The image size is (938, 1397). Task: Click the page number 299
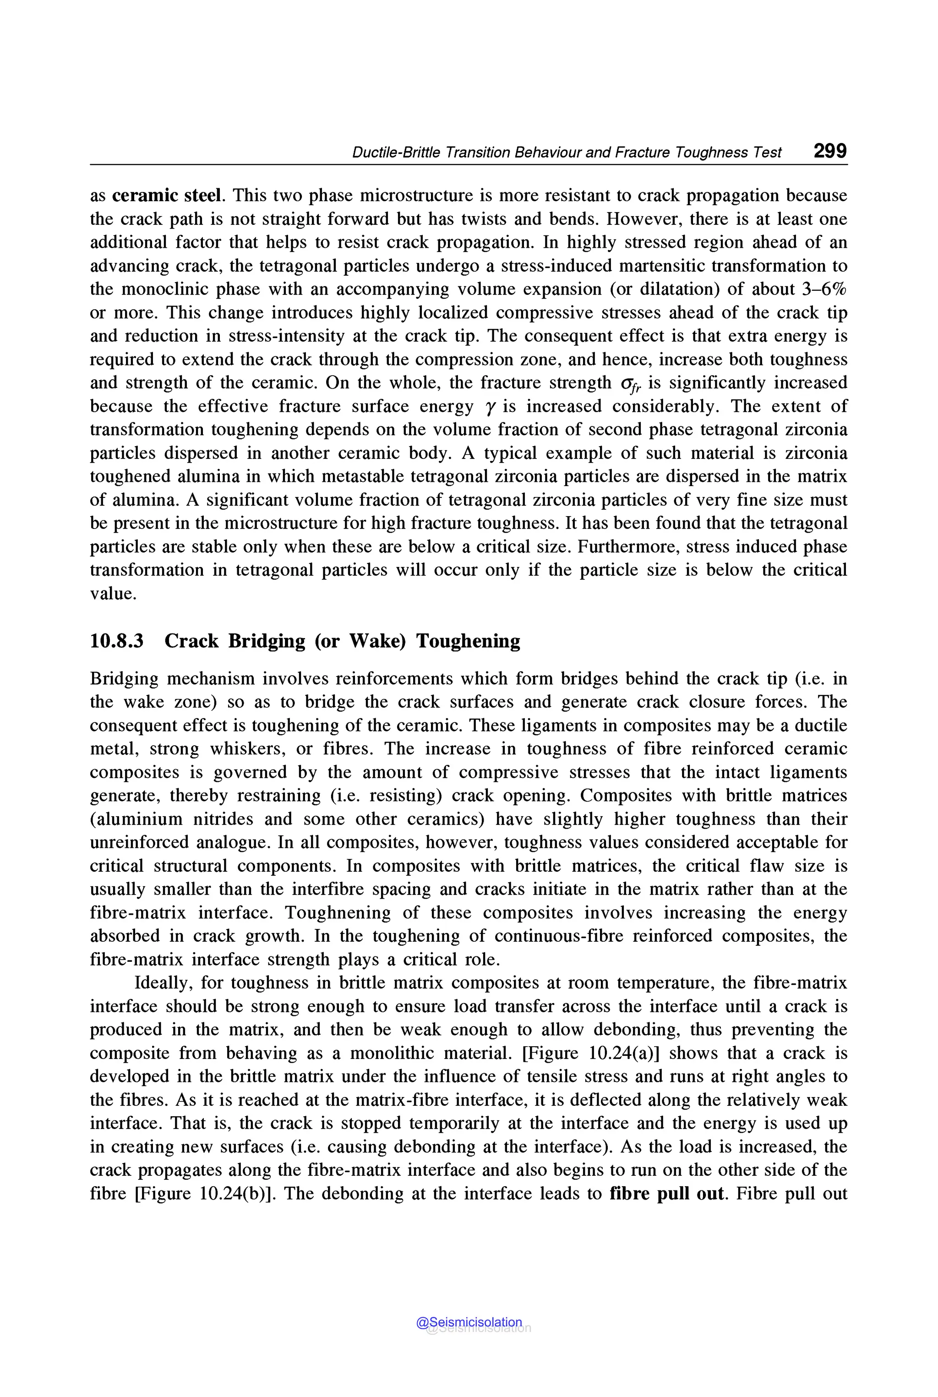830,151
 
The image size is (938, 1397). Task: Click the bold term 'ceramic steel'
167,196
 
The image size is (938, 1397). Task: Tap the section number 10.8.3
117,641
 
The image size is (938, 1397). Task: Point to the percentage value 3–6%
824,289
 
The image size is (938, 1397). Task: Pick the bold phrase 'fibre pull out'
666,1194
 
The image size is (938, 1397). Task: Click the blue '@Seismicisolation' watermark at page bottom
469,1322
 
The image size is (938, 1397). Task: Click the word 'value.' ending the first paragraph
113,594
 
